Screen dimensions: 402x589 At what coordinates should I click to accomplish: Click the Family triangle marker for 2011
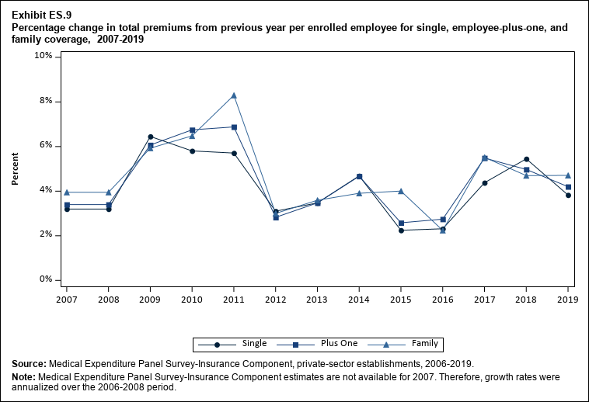point(234,95)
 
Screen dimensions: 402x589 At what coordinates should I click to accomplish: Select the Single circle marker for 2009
point(150,137)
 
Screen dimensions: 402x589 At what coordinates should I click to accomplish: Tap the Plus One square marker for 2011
point(234,127)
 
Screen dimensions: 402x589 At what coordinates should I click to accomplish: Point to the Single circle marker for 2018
point(527,159)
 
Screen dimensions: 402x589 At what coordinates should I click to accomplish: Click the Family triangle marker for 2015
point(401,191)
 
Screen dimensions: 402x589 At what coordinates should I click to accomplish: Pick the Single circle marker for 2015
point(401,230)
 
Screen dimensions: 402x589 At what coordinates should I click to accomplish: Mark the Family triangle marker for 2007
point(67,192)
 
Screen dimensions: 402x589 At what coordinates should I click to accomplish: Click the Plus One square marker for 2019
point(568,187)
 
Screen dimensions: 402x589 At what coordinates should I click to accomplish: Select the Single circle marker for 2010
point(192,151)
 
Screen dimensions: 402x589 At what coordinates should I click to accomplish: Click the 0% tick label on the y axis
point(46,279)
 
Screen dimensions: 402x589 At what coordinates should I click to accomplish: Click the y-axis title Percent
point(16,168)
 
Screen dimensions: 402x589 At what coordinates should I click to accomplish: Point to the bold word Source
point(29,363)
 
